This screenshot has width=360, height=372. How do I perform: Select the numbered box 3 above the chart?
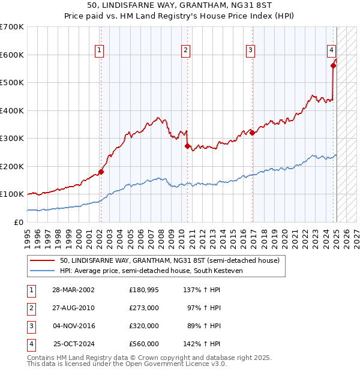click(x=250, y=50)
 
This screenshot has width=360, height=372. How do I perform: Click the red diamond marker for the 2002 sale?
click(x=101, y=172)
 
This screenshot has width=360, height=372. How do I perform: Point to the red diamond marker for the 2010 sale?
click(x=187, y=146)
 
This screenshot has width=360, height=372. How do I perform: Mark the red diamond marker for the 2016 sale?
click(x=252, y=133)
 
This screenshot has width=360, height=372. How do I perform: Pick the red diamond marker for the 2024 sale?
click(x=333, y=66)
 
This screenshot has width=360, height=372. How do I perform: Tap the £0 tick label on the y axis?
click(x=19, y=222)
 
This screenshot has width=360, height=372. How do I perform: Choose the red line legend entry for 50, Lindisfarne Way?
click(x=169, y=261)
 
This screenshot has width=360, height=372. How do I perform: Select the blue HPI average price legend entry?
click(x=157, y=271)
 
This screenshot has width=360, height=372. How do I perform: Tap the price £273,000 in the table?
click(x=143, y=307)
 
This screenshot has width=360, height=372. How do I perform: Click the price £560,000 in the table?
click(x=143, y=344)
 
